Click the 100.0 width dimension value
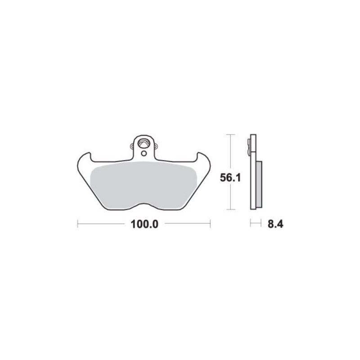tap(144, 224)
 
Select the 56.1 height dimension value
tap(230, 177)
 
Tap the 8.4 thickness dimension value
tap(275, 224)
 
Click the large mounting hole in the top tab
tap(143, 144)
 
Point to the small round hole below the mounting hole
tap(144, 153)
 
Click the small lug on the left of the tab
tap(132, 146)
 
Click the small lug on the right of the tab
tap(156, 146)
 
